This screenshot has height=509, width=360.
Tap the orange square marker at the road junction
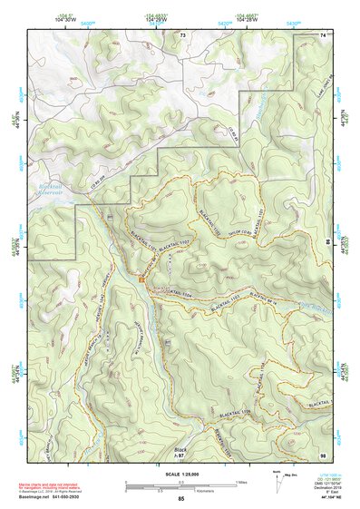(142, 279)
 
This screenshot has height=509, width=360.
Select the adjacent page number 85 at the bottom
(181, 500)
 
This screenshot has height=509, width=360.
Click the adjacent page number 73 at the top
(182, 34)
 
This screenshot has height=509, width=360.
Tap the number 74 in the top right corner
(322, 34)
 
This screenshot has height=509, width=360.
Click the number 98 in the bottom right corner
(322, 454)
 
